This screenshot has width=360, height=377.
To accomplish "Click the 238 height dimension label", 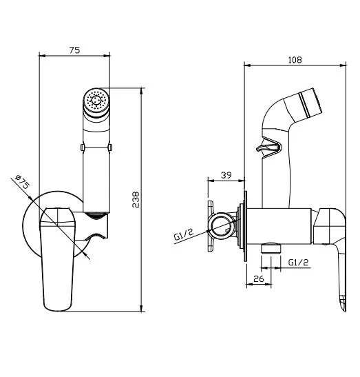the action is click(136, 200).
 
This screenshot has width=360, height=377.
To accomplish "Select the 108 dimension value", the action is click(295, 60).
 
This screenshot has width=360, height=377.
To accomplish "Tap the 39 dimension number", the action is click(226, 175).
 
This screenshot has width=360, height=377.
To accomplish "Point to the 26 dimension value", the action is click(259, 278).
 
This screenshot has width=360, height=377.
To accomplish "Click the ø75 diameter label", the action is click(22, 182).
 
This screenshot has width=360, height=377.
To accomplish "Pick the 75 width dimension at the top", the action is click(74, 50).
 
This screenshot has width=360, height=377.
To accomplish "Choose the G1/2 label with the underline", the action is click(298, 262).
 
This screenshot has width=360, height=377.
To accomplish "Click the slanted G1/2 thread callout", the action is click(184, 234).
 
